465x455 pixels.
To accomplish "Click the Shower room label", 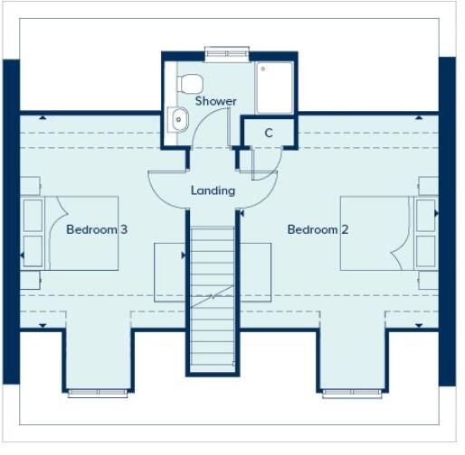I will [x=215, y=101].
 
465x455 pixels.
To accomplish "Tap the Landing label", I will [x=214, y=190].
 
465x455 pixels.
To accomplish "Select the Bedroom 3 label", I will [x=97, y=229].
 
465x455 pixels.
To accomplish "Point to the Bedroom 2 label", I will [x=318, y=229].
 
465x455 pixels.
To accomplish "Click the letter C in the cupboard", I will [x=269, y=133].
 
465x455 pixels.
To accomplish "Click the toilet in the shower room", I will [x=189, y=83].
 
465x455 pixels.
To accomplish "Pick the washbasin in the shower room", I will [x=177, y=116].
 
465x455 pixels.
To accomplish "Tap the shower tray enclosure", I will [x=274, y=87].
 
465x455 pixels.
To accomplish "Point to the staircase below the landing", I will [x=214, y=289].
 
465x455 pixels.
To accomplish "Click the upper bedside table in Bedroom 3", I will [x=32, y=214].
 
